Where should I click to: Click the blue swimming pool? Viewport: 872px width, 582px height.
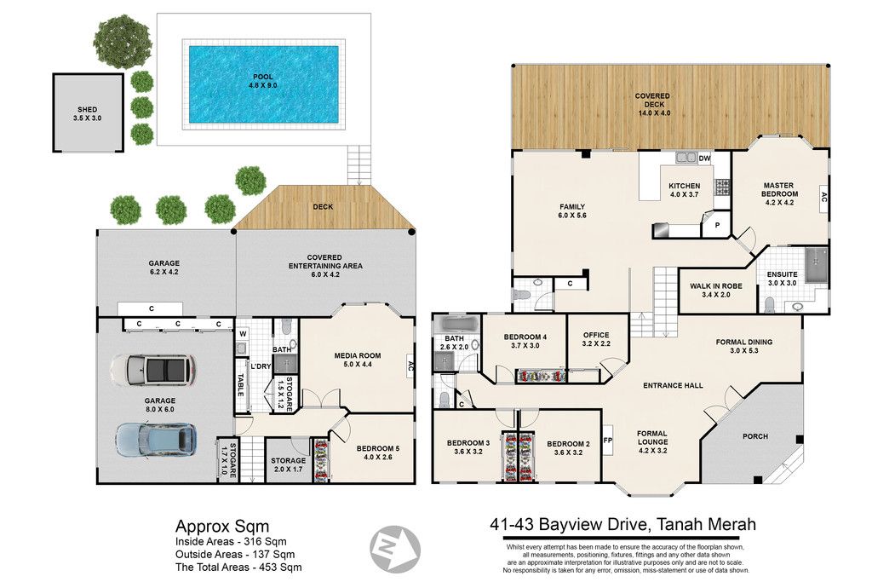pos(263,84)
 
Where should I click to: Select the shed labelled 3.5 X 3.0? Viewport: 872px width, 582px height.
pos(88,112)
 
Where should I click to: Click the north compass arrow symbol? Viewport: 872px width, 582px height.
pos(395,549)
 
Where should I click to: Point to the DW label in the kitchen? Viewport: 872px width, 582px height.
pos(704,158)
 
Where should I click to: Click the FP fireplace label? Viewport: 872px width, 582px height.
pos(608,440)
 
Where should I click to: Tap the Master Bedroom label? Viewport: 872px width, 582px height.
pos(779,190)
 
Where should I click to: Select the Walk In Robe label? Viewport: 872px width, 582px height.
pos(715,286)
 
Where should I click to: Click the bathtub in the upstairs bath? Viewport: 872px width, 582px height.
pos(457,325)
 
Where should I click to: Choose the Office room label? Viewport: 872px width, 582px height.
pos(596,335)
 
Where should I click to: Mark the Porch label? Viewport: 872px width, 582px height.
pos(755,436)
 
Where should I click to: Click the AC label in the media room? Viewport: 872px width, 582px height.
pos(410,366)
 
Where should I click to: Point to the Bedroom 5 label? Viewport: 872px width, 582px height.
pos(378,448)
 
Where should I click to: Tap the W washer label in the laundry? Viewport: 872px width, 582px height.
pos(243,334)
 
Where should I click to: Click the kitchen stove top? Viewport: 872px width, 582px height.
pos(722,187)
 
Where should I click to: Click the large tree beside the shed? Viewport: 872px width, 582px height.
pos(123,40)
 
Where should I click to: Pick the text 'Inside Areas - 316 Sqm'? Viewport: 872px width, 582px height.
pos(231,541)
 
